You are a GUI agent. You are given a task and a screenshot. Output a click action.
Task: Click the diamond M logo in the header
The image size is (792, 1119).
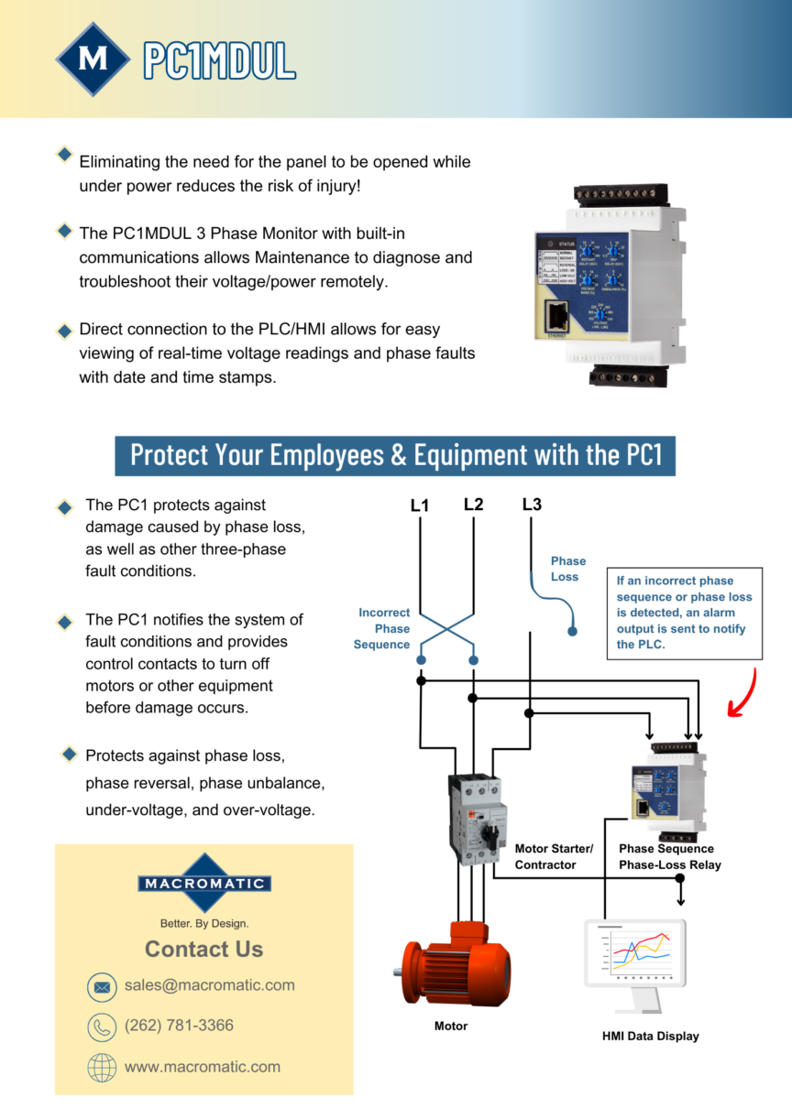(x=93, y=60)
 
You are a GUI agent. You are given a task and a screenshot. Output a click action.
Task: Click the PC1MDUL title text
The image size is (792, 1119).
(x=219, y=60)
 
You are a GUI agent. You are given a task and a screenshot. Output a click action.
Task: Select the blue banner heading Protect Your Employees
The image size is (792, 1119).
(x=395, y=455)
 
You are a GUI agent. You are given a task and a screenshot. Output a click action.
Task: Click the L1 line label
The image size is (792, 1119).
(x=420, y=505)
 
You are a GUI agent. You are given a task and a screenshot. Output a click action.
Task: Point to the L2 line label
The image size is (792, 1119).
(x=473, y=505)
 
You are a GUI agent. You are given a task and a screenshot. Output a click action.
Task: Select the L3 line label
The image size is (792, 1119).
(x=532, y=505)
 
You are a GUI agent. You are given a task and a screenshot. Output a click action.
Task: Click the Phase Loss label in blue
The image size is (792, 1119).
(x=567, y=569)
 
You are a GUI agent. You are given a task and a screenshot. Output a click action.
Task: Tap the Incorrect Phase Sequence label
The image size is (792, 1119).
(x=384, y=628)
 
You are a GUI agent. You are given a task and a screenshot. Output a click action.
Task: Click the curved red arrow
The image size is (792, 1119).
(x=744, y=692)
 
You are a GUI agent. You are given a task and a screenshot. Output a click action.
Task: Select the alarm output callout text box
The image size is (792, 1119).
(x=685, y=613)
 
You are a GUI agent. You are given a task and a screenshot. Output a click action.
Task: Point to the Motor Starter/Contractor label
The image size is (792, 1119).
(x=554, y=856)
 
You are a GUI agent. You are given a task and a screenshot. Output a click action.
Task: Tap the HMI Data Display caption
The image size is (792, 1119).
(x=650, y=1036)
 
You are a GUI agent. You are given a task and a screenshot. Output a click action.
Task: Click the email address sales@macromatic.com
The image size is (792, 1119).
(x=210, y=985)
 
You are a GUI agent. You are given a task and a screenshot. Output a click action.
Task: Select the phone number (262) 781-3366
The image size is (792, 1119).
(x=179, y=1026)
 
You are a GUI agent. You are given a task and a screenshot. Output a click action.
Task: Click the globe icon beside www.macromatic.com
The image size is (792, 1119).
(x=102, y=1068)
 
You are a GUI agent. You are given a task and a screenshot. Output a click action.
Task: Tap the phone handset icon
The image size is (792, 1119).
(x=102, y=1027)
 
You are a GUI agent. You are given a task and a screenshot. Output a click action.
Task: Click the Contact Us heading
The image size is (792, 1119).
(x=203, y=950)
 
